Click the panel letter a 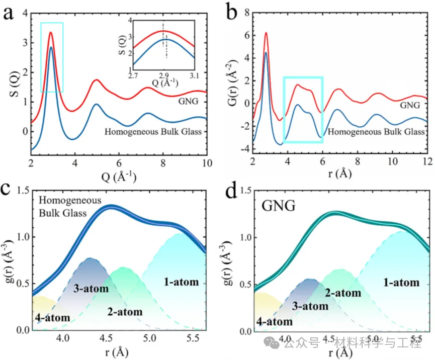click(9, 12)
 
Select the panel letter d click(233, 193)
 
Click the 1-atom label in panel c click(182, 282)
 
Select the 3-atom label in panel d click(311, 306)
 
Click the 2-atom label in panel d click(343, 293)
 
